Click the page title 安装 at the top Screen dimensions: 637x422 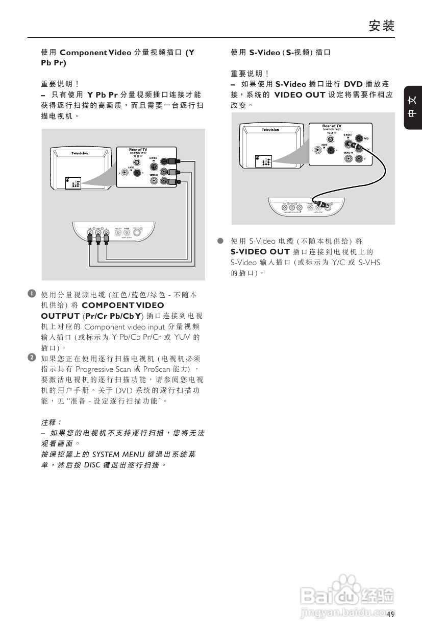tap(382, 26)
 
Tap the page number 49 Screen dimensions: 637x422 tap(391, 614)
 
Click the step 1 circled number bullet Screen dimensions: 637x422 tap(32, 294)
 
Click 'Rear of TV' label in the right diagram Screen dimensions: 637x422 tap(332, 126)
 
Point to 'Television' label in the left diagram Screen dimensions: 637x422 tap(79, 153)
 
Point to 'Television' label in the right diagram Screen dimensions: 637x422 tap(270, 130)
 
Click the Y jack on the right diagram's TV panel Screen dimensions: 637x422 tap(360, 159)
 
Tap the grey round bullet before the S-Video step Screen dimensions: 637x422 tap(221, 241)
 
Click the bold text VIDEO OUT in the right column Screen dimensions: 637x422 tap(300, 95)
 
